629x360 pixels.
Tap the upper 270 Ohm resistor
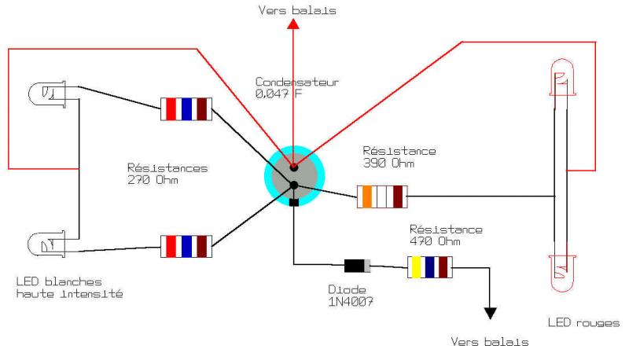[186, 108]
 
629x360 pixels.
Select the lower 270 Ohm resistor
[186, 245]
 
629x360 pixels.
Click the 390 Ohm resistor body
[381, 197]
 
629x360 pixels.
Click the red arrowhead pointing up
[293, 24]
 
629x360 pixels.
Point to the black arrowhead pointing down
[491, 314]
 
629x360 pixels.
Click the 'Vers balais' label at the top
[297, 10]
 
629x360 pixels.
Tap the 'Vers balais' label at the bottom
[490, 342]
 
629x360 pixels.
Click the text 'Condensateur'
[297, 82]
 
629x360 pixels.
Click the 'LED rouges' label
[583, 322]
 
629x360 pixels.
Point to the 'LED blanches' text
[59, 281]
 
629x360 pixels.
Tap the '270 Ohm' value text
[153, 180]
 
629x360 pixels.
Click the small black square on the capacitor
[293, 203]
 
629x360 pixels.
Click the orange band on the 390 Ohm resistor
[366, 197]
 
